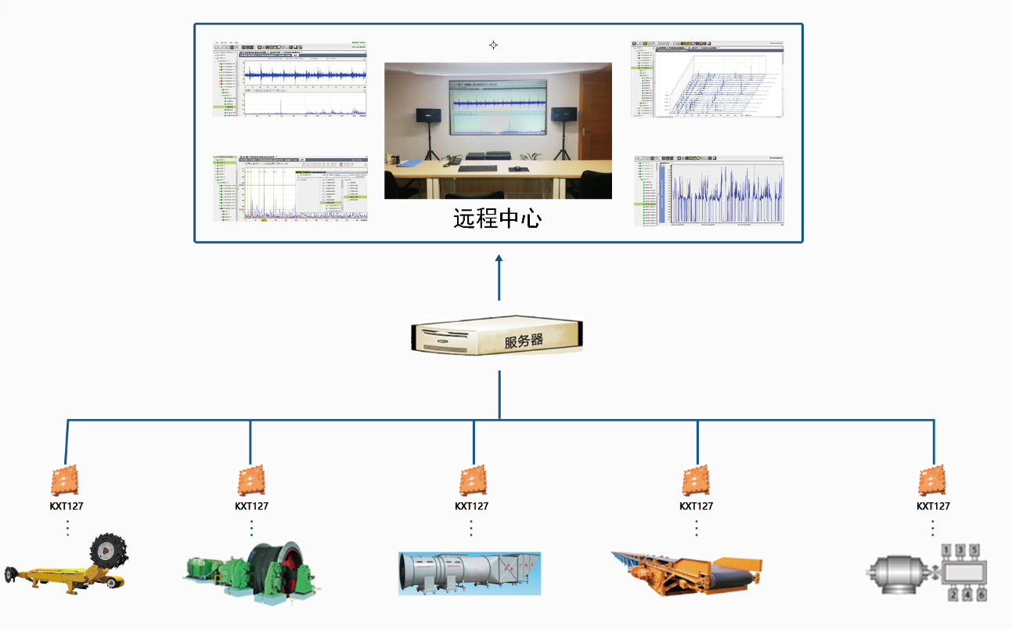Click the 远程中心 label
(x=497, y=218)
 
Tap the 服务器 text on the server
(x=524, y=342)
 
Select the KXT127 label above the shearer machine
(x=67, y=506)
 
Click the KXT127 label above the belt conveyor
(x=696, y=506)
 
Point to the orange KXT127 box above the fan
(x=472, y=479)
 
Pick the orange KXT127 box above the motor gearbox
(x=933, y=479)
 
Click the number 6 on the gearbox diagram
(x=981, y=595)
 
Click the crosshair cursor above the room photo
(x=493, y=45)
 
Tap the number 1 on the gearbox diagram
(x=946, y=551)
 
